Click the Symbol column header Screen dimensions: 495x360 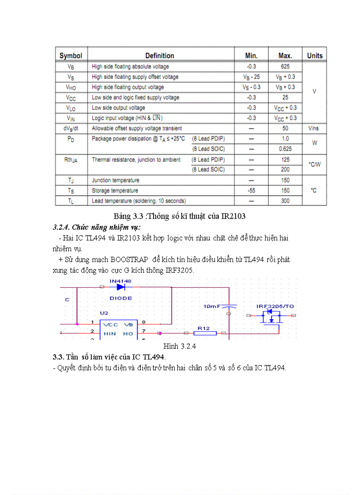tap(71, 56)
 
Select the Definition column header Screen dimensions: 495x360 tap(160, 56)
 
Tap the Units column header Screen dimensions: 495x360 tap(315, 56)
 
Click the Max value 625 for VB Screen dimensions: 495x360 tap(285, 67)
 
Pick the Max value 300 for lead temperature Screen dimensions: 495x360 tap(285, 201)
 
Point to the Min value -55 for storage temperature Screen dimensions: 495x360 tap(251, 190)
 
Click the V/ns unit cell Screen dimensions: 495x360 tap(315, 128)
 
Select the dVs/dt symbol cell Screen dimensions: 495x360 tap(71, 128)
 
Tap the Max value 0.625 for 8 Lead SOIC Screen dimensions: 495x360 tap(285, 149)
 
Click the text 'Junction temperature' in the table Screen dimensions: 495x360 tap(116, 180)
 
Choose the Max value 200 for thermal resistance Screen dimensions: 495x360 tap(285, 170)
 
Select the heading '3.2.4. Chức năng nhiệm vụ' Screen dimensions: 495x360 tap(97, 227)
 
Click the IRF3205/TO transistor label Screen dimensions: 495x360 tap(276, 306)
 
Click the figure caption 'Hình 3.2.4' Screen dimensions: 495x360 tap(180, 346)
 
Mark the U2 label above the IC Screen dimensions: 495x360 tap(104, 313)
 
